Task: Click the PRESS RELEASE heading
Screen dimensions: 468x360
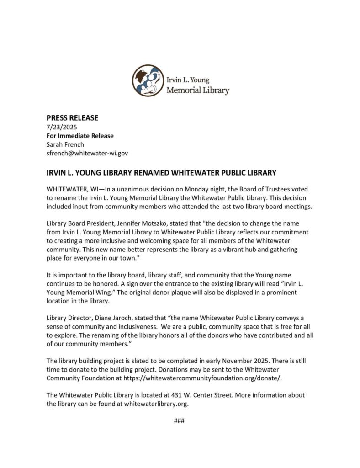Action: pyautogui.click(x=72, y=118)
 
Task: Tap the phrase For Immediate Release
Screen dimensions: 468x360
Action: pyautogui.click(x=80, y=136)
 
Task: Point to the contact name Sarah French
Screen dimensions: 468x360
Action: pyautogui.click(x=65, y=144)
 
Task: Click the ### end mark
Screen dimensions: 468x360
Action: pyautogui.click(x=179, y=420)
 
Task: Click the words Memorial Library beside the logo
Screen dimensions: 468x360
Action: pyautogui.click(x=198, y=90)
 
